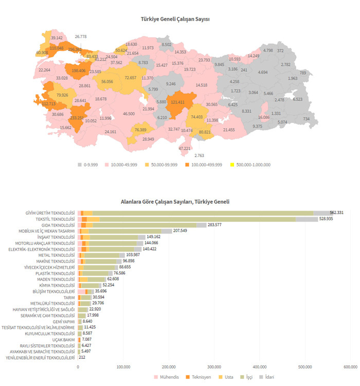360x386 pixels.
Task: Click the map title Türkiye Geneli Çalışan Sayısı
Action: coord(175,19)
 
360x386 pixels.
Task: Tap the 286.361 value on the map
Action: coord(75,50)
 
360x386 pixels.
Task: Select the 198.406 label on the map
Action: coord(79,71)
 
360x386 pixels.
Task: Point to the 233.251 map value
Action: coord(77,118)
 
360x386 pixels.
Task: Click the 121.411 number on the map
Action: coord(177,102)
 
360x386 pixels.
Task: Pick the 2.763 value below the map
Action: coord(200,155)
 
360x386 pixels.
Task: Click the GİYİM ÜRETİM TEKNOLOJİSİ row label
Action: coord(50,213)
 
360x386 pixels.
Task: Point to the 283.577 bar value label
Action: coord(214,225)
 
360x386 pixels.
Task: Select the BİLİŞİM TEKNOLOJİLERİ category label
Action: coord(52,291)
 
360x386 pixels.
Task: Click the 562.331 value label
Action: coord(337,213)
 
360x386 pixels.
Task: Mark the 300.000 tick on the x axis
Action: coord(214,366)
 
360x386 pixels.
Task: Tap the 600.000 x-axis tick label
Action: coord(350,366)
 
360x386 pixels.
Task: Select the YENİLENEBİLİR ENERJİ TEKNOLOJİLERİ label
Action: coord(40,358)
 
